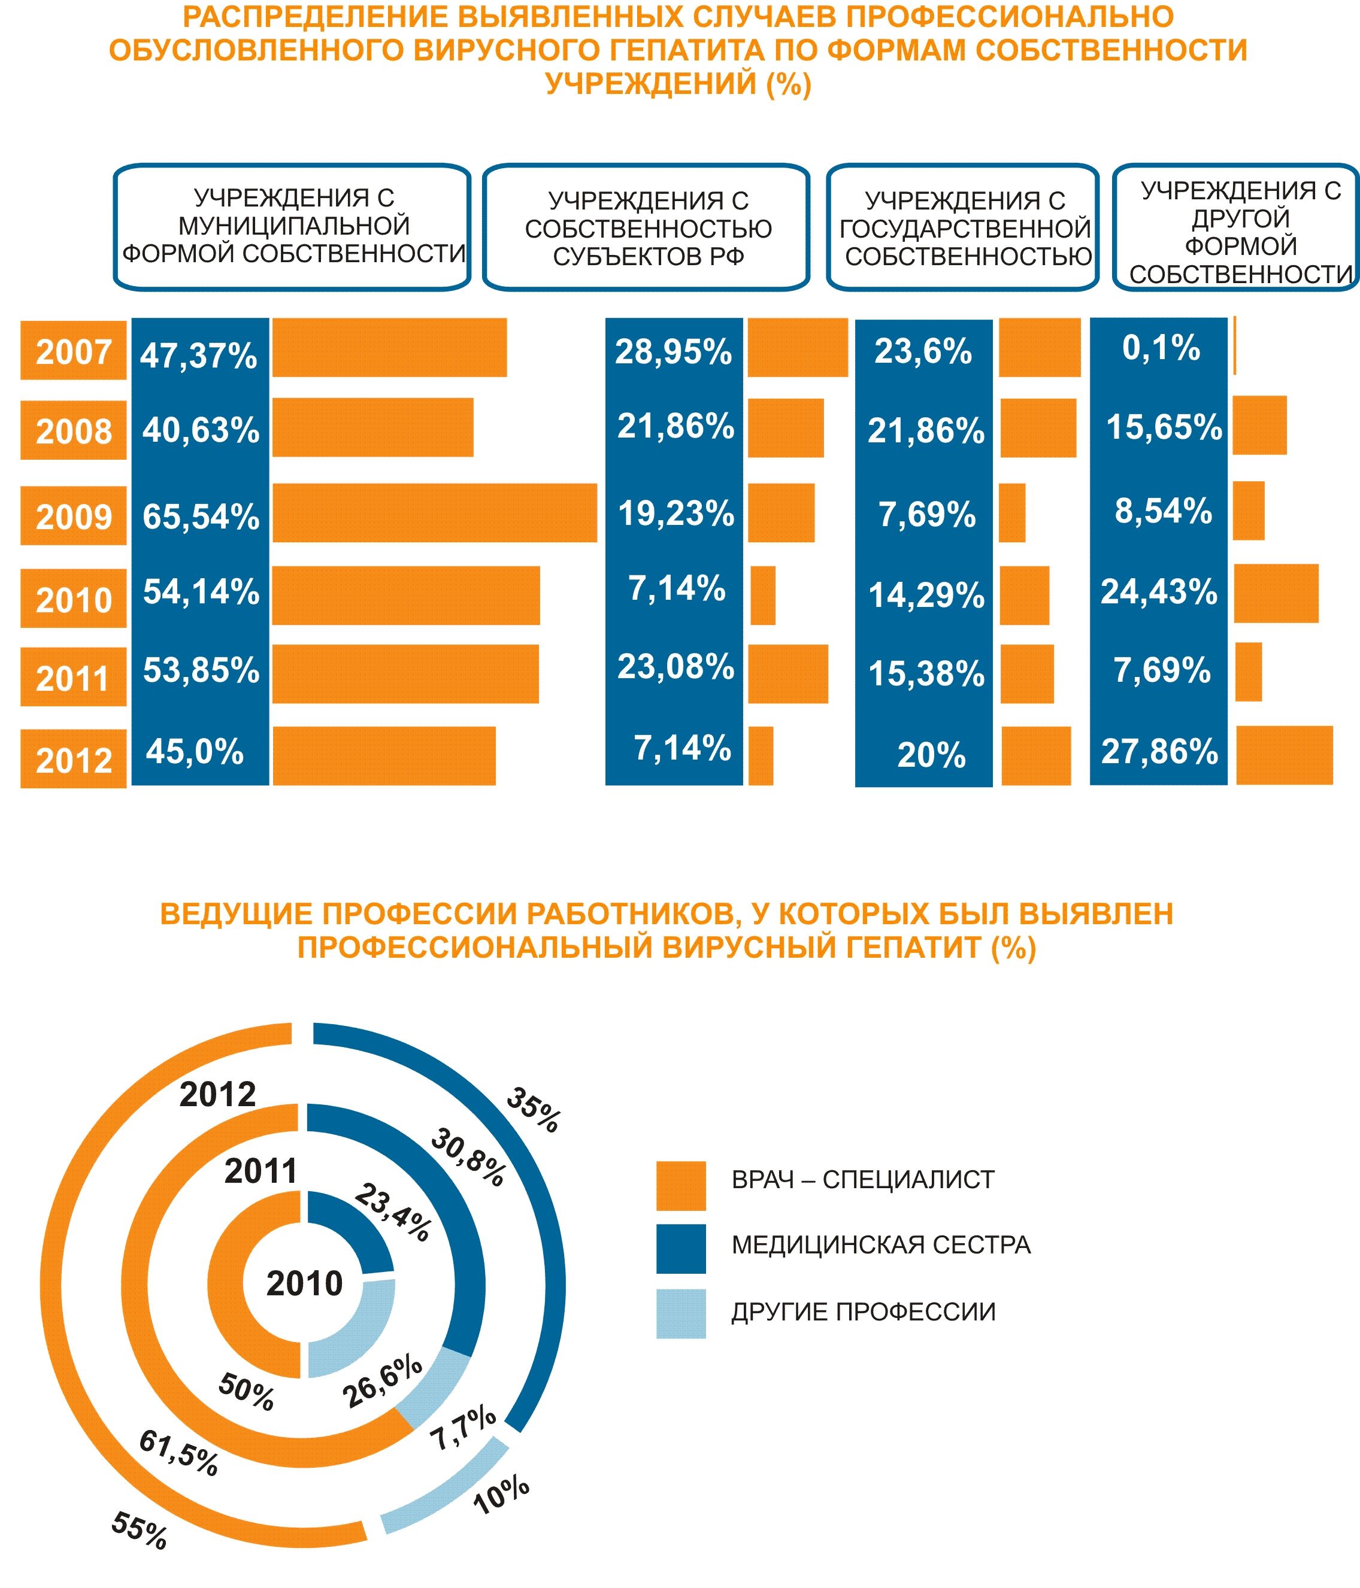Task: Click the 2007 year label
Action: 74,352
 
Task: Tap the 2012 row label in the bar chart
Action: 74,760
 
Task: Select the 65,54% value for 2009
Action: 201,517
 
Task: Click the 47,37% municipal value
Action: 199,356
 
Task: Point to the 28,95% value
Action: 673,352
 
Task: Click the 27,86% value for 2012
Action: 1159,752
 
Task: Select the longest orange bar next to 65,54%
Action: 434,513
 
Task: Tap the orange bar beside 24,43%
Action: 1276,593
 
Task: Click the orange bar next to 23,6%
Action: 1040,348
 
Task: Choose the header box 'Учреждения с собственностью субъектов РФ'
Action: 646,227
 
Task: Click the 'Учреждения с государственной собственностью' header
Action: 964,227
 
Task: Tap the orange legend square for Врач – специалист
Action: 681,1186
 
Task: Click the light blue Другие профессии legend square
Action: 681,1314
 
